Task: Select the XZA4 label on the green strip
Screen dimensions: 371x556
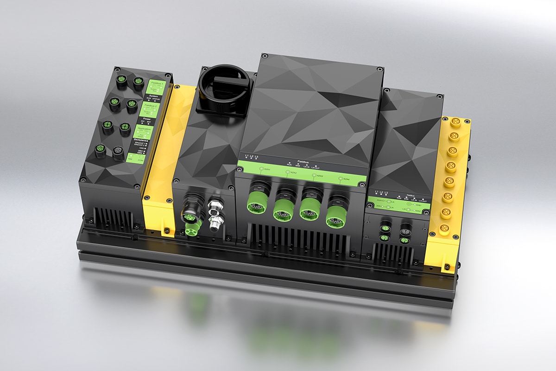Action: tap(345, 179)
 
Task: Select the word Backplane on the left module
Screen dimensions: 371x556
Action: tap(140, 139)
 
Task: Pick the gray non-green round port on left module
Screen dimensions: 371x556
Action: tap(118, 151)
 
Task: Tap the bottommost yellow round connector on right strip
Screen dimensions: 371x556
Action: tap(444, 228)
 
